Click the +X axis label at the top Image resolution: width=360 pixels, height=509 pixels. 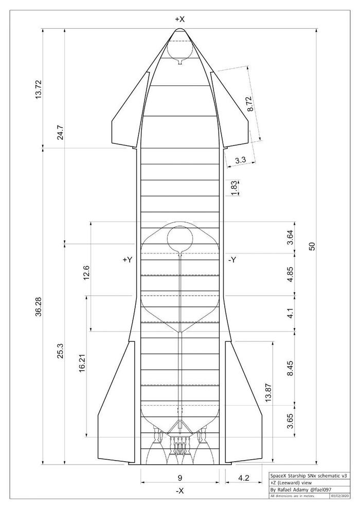click(180, 20)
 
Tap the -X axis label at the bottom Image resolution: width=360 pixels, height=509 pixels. click(180, 491)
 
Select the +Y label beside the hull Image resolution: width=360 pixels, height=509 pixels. click(127, 260)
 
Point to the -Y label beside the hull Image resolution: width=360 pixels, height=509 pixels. click(232, 260)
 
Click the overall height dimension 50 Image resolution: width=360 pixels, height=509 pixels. click(312, 246)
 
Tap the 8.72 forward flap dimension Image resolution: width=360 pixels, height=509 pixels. click(250, 104)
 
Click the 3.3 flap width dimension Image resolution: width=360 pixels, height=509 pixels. click(241, 160)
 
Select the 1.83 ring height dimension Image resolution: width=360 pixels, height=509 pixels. click(235, 188)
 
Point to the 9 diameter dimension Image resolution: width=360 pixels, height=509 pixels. click(180, 478)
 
